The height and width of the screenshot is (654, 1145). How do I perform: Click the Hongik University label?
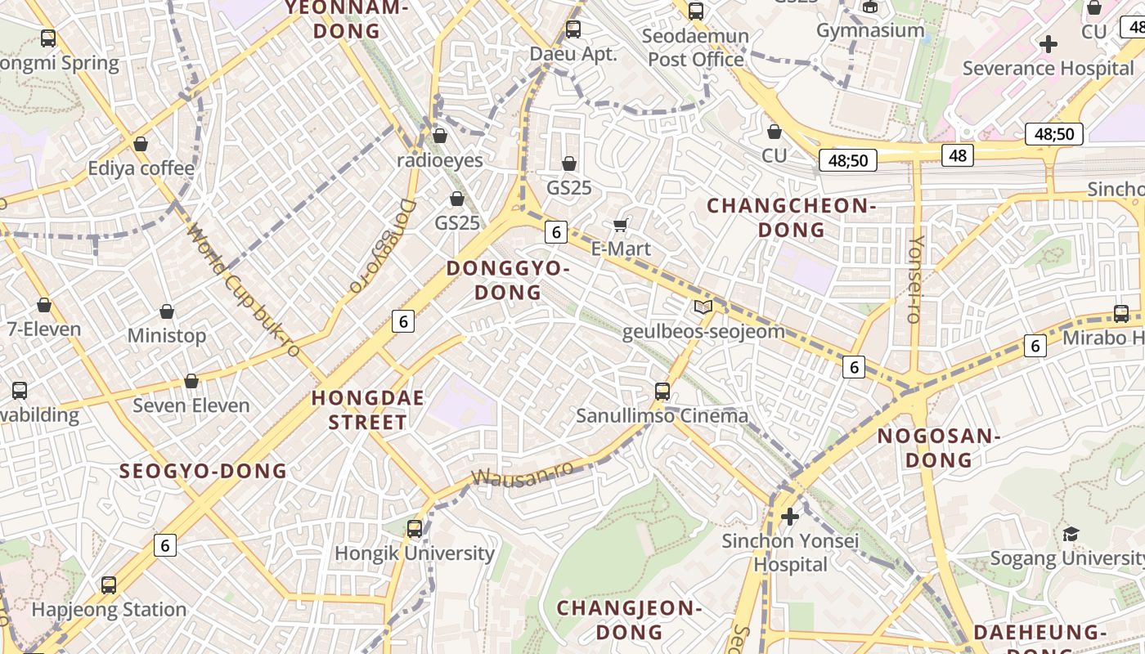pyautogui.click(x=415, y=553)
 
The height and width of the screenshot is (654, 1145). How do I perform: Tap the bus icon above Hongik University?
pyautogui.click(x=415, y=528)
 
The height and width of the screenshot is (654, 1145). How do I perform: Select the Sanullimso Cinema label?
pyautogui.click(x=662, y=415)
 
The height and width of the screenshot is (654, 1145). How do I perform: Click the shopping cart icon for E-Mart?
pyautogui.click(x=621, y=225)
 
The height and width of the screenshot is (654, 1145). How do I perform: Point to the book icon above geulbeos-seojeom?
pyautogui.click(x=703, y=307)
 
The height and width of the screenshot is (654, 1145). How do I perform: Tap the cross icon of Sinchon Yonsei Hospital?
pyautogui.click(x=789, y=517)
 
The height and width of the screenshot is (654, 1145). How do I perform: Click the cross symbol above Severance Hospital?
pyautogui.click(x=1048, y=44)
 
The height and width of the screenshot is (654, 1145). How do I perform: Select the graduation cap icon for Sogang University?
pyautogui.click(x=1071, y=535)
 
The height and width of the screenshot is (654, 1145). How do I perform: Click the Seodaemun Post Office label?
pyautogui.click(x=695, y=47)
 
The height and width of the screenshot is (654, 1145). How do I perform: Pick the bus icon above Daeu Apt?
pyautogui.click(x=573, y=29)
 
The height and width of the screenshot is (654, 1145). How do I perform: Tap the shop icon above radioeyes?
pyautogui.click(x=440, y=136)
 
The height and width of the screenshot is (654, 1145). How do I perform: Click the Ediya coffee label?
pyautogui.click(x=141, y=168)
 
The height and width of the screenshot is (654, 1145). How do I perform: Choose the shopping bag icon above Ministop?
pyautogui.click(x=167, y=311)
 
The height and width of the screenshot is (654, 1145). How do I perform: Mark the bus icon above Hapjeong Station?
pyautogui.click(x=109, y=585)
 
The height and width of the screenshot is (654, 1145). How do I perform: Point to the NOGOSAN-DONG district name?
pyautogui.click(x=939, y=448)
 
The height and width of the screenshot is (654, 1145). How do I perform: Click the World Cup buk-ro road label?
pyautogui.click(x=243, y=290)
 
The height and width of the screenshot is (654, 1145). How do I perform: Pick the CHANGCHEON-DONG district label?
pyautogui.click(x=791, y=217)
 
